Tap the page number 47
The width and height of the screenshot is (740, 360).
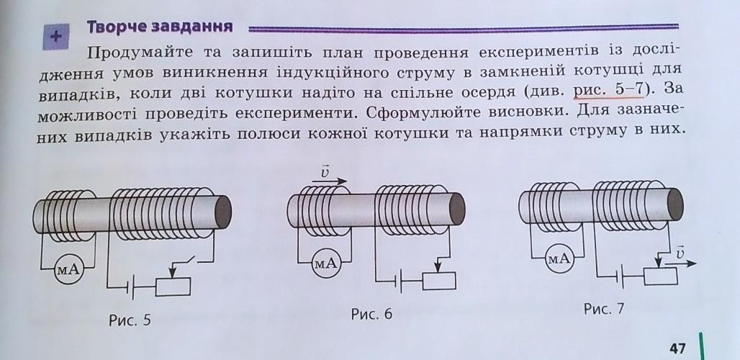point(677,348)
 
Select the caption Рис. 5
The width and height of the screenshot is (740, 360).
point(130,320)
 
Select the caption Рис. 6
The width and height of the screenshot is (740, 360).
point(371,314)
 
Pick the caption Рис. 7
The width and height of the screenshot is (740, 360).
point(603,309)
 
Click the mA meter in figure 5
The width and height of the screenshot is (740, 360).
point(69,269)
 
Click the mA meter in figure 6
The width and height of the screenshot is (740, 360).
point(325,264)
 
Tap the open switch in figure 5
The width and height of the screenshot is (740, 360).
point(189,261)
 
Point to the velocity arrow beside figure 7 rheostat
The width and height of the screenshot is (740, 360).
point(682,261)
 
